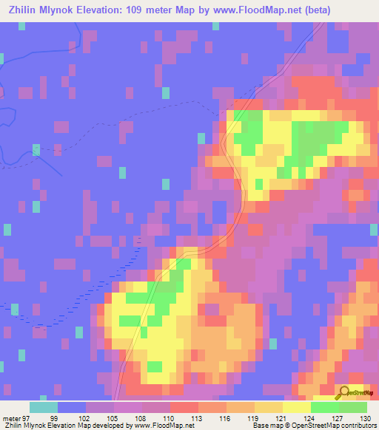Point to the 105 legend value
(x=114, y=417)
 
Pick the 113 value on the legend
(x=198, y=417)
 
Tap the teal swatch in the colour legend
(x=44, y=407)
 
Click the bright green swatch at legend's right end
(x=353, y=407)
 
